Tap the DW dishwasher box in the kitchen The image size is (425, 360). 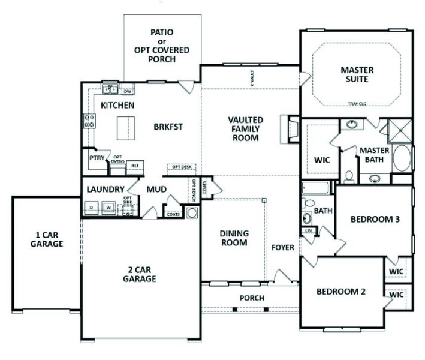pyautogui.click(x=127, y=92)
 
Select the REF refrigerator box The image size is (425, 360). pyautogui.click(x=135, y=164)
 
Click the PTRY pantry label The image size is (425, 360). pyautogui.click(x=97, y=158)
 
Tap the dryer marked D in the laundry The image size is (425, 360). pyautogui.click(x=92, y=208)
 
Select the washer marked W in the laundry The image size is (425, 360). pyautogui.click(x=109, y=208)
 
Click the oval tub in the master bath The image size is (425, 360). pyautogui.click(x=402, y=159)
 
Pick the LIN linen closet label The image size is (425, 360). pyautogui.click(x=309, y=230)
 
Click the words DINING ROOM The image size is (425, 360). pyautogui.click(x=234, y=238)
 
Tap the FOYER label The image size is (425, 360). pyautogui.click(x=282, y=247)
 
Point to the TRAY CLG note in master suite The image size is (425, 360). pyautogui.click(x=358, y=104)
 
